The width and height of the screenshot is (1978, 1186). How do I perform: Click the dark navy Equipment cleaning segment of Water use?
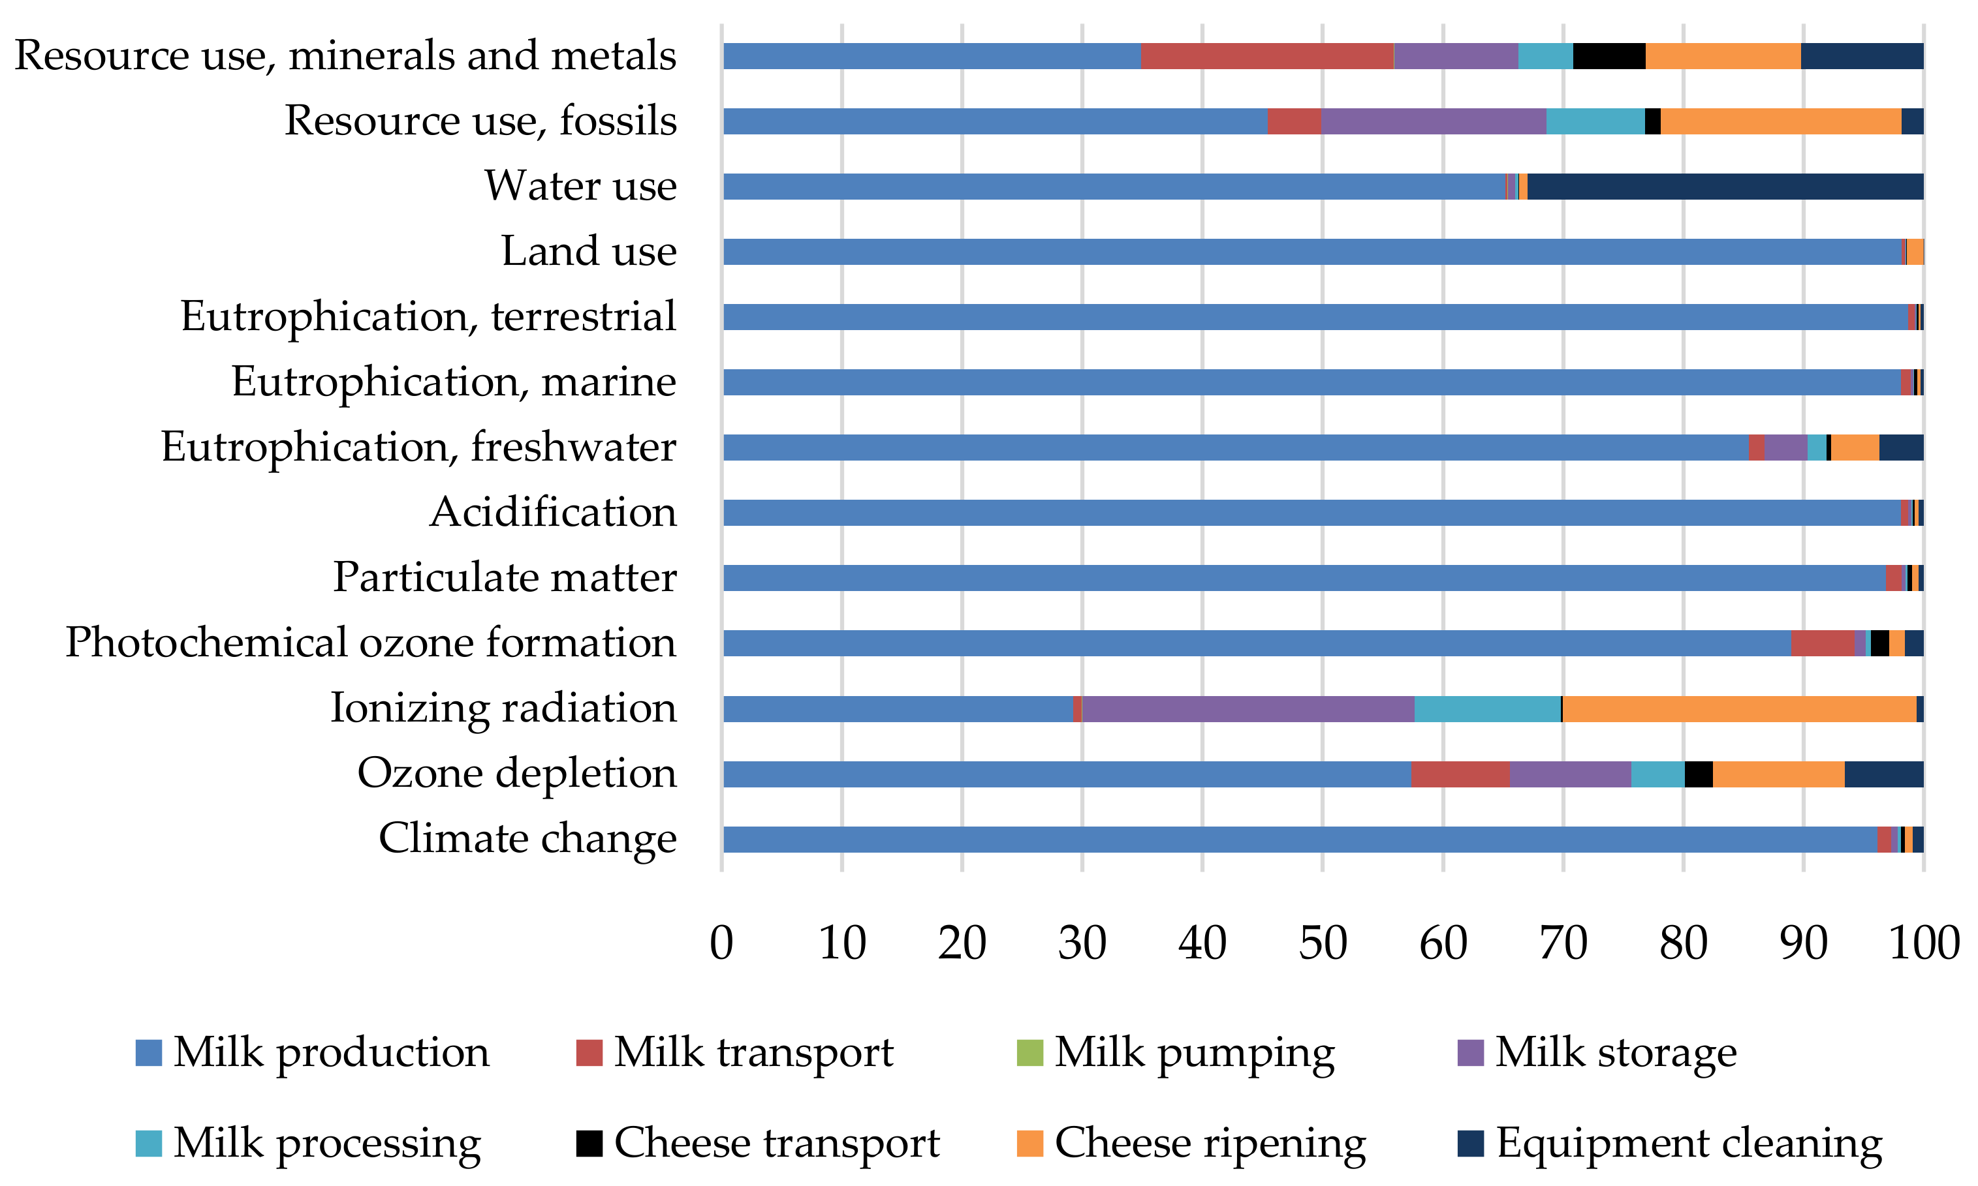[1725, 186]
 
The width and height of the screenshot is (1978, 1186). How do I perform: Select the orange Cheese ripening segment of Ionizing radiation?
[1739, 709]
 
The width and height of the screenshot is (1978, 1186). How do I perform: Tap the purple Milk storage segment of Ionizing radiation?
[1248, 709]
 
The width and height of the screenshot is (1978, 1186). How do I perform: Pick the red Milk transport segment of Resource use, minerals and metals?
[1266, 56]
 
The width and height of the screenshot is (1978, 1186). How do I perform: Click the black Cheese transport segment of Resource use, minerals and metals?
[1609, 56]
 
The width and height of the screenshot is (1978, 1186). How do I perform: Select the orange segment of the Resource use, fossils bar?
[1780, 121]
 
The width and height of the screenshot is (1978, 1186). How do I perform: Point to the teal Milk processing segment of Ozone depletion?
[1657, 774]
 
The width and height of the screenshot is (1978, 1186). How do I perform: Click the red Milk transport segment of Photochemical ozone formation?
[1822, 643]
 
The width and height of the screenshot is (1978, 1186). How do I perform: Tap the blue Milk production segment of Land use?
[1311, 252]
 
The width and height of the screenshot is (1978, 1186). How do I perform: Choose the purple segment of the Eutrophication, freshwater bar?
[1785, 448]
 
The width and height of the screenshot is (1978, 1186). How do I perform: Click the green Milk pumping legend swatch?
[1029, 1052]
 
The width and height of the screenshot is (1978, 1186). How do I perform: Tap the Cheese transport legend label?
[776, 1143]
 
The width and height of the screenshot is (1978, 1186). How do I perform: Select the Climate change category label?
[527, 838]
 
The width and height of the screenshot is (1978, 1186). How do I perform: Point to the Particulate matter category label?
[505, 578]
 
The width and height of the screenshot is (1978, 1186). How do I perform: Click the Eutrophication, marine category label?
[453, 382]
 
